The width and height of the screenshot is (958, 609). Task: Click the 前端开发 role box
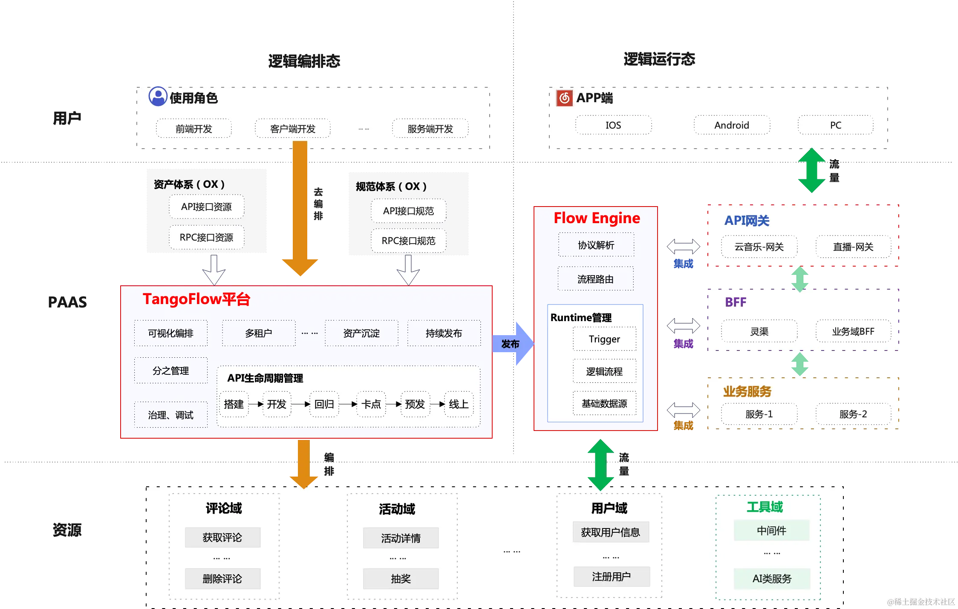coord(194,129)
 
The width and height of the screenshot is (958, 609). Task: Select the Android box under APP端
coord(732,125)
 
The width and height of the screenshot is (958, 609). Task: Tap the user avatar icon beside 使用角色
coord(158,97)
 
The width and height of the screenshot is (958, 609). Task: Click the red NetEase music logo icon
coord(565,98)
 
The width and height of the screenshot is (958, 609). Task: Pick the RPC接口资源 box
coord(206,237)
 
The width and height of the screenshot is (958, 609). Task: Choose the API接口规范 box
coord(408,211)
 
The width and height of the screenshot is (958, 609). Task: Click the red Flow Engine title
coord(597,218)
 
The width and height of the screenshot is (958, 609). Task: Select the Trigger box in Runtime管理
coord(604,339)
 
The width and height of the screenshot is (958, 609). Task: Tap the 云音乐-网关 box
coord(759,247)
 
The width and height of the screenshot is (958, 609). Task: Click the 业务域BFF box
coord(853,331)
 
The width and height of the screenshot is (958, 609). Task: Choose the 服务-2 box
coord(853,414)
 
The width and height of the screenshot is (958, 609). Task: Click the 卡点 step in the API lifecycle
coord(371,404)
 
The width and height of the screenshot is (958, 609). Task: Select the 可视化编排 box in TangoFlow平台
coord(171,333)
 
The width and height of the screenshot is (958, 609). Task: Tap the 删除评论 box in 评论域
coord(222,578)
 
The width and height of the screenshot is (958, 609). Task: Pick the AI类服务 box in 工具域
coord(772,578)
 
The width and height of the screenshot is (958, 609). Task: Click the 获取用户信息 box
coord(611,532)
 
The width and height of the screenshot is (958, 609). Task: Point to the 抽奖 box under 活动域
coord(401,578)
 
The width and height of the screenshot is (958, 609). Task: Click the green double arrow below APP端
coord(811,171)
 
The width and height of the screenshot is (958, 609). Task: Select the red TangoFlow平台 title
coord(196,299)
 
